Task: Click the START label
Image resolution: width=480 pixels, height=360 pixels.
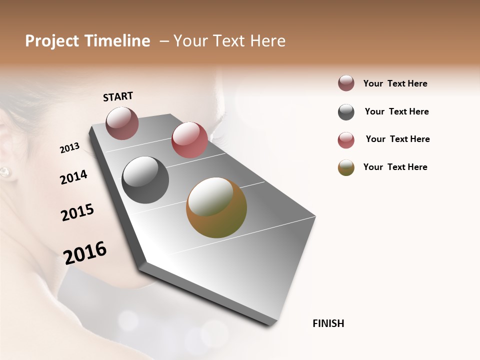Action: (x=118, y=96)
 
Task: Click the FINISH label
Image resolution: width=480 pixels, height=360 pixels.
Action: (x=328, y=323)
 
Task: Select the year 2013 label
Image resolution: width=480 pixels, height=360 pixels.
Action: (x=70, y=148)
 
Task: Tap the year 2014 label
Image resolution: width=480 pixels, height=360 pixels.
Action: (x=73, y=177)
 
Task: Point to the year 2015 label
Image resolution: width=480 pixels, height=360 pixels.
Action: (x=77, y=212)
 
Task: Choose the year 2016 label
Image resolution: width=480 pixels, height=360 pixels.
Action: (x=85, y=252)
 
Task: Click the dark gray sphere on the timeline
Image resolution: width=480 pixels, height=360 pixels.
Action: (x=145, y=180)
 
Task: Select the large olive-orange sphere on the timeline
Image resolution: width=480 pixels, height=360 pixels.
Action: (x=216, y=207)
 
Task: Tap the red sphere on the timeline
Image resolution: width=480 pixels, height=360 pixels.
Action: (x=189, y=140)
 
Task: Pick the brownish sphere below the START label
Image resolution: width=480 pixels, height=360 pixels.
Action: (x=122, y=123)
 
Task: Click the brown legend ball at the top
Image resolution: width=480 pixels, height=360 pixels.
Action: (x=346, y=83)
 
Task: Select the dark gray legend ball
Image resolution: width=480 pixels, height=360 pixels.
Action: (x=346, y=112)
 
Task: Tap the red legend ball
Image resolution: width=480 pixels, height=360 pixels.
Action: (x=346, y=140)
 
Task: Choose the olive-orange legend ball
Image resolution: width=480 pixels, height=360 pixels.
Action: (x=346, y=167)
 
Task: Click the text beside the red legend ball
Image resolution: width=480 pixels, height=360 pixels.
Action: (x=397, y=139)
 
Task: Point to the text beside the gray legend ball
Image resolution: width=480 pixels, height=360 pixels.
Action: (x=396, y=111)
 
